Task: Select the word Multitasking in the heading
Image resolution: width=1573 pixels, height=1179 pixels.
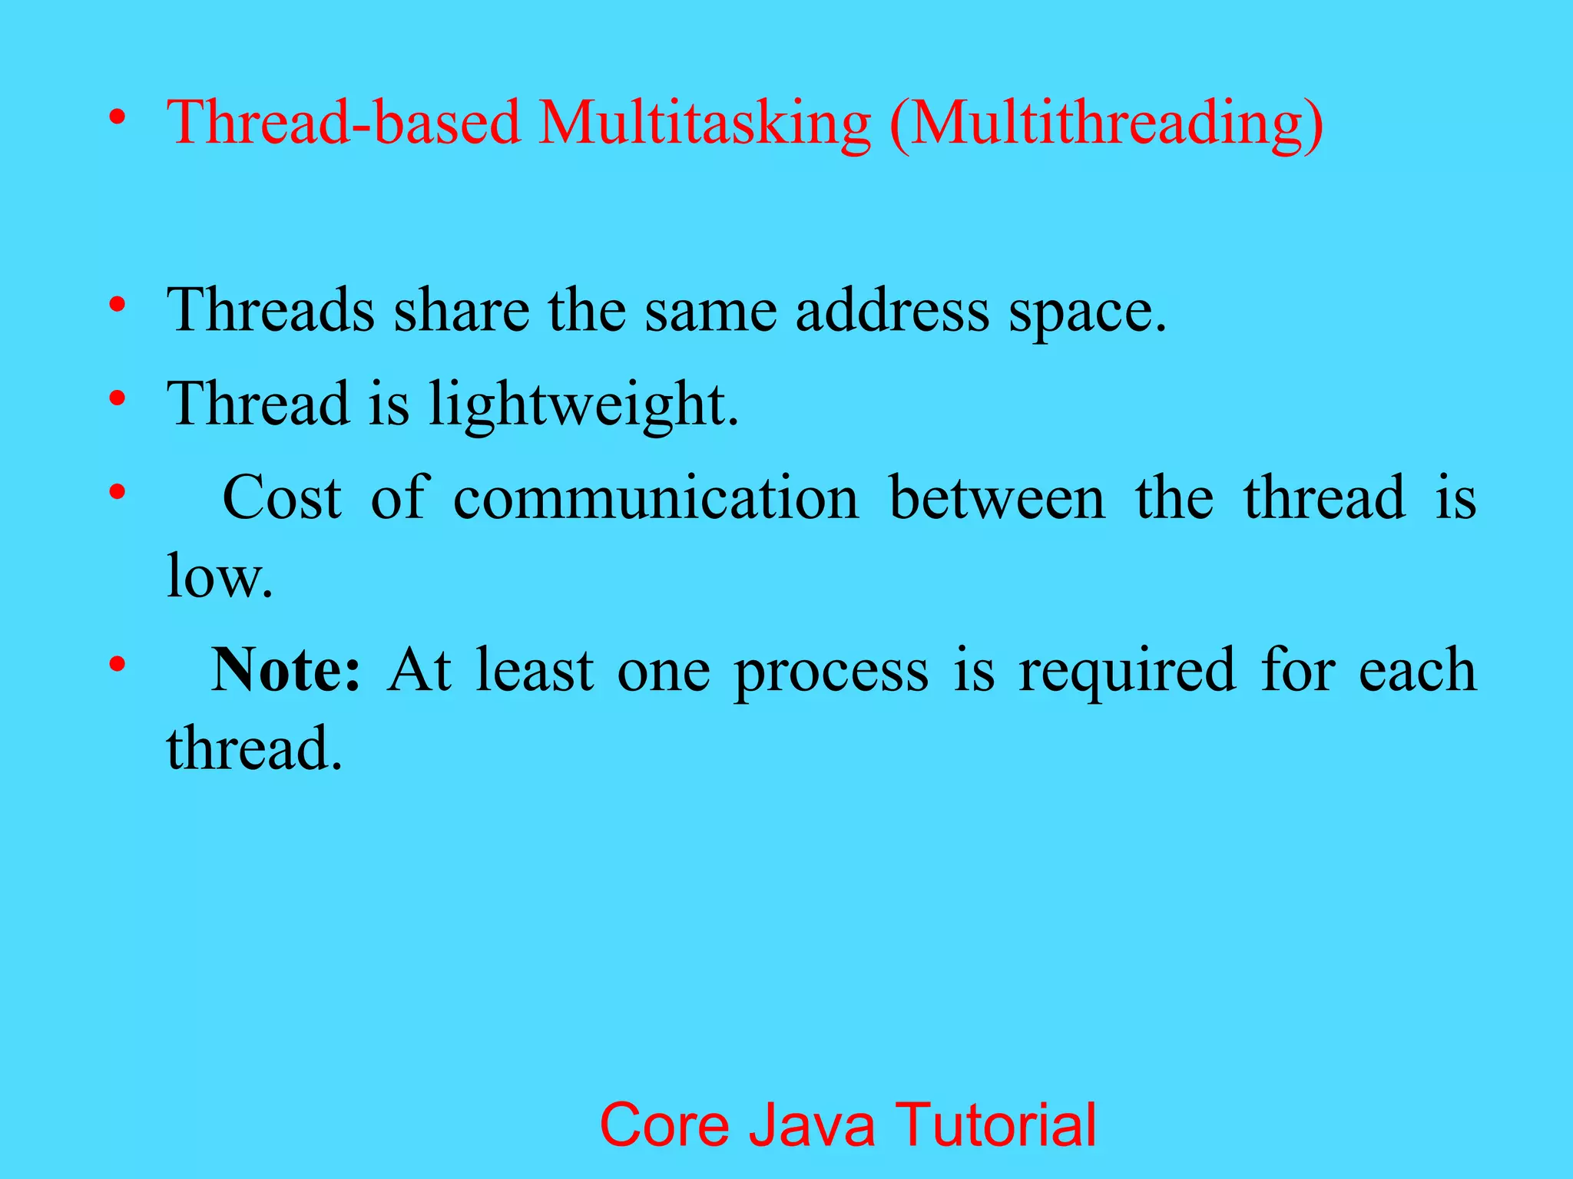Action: pos(704,123)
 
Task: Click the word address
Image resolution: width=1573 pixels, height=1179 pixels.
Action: pos(892,310)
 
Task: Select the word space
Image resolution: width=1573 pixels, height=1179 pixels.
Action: pos(1087,315)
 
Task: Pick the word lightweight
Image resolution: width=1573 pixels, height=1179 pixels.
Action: pos(583,405)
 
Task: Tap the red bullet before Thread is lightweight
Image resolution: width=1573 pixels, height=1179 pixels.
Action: pos(117,399)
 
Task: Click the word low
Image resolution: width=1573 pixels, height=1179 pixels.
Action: pos(220,577)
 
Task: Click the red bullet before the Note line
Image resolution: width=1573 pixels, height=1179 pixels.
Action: pos(117,663)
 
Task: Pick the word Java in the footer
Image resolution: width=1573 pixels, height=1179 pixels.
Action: pos(812,1125)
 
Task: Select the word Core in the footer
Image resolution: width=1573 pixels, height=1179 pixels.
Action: pos(664,1125)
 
